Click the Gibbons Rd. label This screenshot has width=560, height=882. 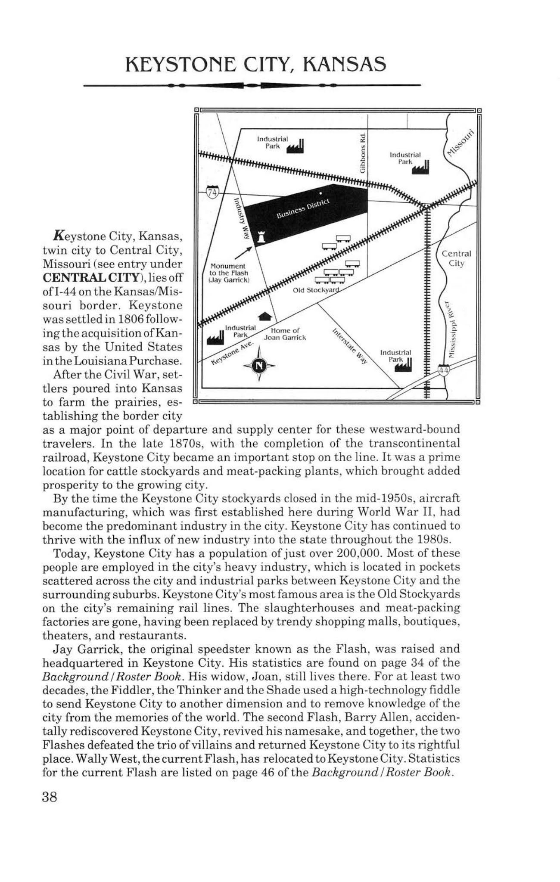363,152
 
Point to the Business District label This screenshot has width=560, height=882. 303,208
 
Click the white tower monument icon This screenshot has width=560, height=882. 261,236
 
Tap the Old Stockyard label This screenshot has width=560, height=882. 316,290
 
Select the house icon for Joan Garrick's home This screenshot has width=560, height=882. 265,317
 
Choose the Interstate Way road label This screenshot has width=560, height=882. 350,346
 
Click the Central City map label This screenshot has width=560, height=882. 456,258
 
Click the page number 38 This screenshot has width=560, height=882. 49,797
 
